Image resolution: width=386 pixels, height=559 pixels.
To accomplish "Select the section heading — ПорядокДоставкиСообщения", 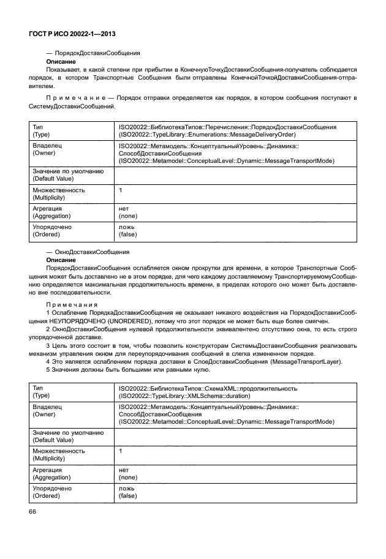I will click(93, 54).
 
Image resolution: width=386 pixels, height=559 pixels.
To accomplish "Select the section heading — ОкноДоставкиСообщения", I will click(88, 252).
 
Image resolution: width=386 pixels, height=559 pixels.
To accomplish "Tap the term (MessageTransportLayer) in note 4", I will click(308, 361).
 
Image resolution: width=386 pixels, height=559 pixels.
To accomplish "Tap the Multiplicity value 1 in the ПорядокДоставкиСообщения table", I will click(121, 190).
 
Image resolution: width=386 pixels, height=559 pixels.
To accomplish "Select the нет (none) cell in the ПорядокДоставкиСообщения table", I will click(127, 211).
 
